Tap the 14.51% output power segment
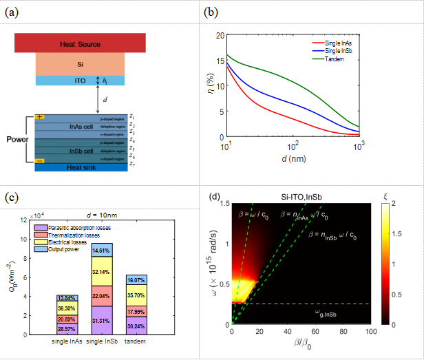pos(101,251)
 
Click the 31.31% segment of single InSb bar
pos(101,321)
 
